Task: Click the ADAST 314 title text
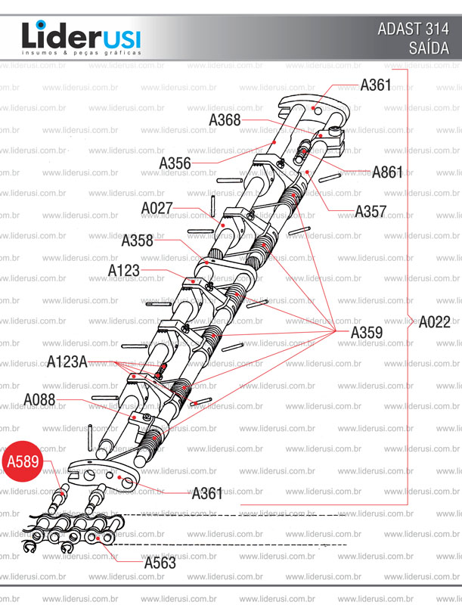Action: pos(413,30)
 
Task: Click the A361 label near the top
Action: pos(376,85)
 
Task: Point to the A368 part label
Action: pos(225,119)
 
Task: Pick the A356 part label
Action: pos(175,163)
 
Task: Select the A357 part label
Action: pos(371,211)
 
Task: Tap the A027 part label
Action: pos(157,207)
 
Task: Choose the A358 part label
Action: pos(137,241)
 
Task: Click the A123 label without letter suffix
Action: pos(123,270)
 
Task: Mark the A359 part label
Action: pos(367,332)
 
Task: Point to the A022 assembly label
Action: pos(435,321)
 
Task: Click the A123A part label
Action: pos(67,361)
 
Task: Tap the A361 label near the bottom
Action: pos(207,494)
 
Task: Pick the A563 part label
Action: pos(160,563)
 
